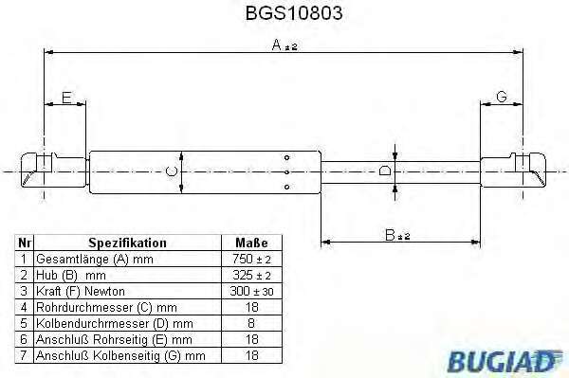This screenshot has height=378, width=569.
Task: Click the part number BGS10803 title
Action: [294, 13]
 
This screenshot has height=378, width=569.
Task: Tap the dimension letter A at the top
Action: [277, 45]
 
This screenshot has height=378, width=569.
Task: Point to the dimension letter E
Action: [66, 98]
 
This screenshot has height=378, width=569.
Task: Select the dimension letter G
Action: [501, 97]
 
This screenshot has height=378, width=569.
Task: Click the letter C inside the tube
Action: [171, 171]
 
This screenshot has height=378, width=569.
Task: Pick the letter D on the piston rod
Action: [385, 171]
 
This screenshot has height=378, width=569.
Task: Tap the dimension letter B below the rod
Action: [390, 235]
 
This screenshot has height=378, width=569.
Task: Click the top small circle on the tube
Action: [286, 157]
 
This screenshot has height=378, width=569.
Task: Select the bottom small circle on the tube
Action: [286, 187]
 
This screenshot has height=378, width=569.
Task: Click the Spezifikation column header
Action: [127, 243]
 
